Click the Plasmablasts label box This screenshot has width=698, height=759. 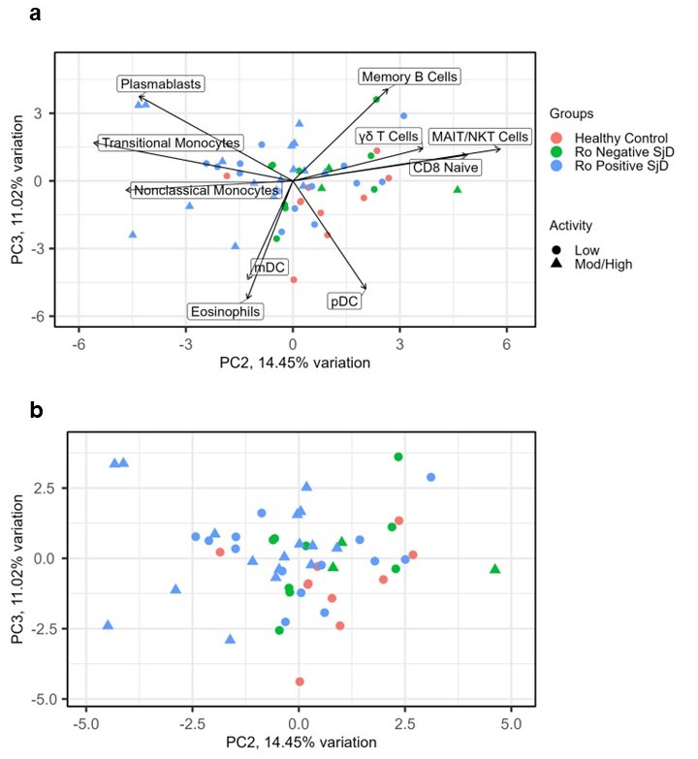coord(161,84)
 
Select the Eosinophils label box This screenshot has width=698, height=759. coord(226,311)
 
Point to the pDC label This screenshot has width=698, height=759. coord(344,301)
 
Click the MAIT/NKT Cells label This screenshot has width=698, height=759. coord(480,137)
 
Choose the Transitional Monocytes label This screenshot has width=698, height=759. coord(171,142)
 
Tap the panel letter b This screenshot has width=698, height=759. coord(36,410)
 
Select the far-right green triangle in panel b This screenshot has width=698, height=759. coord(495,568)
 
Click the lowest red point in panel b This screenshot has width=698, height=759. coord(300,681)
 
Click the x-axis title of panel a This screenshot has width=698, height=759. coord(294,364)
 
